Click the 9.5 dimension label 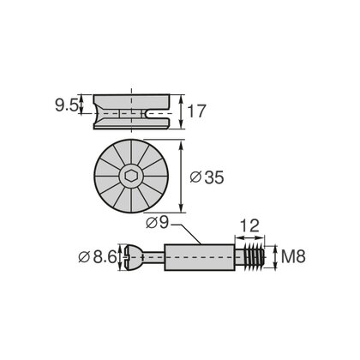(66, 106)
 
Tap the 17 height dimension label (196, 111)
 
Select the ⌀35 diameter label (207, 177)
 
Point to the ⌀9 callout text (158, 223)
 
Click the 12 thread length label (249, 226)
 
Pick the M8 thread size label (293, 256)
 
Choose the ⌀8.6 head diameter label (98, 257)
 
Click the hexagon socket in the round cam (131, 177)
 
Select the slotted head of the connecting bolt (133, 257)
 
